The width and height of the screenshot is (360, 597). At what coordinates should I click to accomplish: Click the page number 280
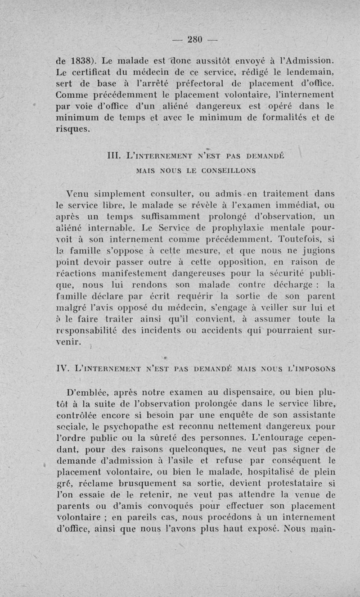[x=195, y=39]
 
